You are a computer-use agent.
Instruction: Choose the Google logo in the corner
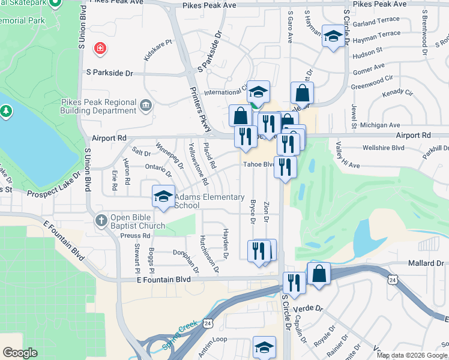(x=20, y=352)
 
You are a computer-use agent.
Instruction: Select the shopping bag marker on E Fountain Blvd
(x=319, y=274)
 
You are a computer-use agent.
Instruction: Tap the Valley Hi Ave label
(x=340, y=155)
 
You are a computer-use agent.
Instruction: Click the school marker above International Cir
(x=258, y=92)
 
